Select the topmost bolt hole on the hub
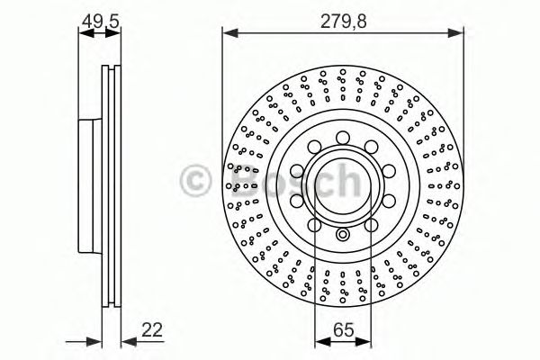pos(342,138)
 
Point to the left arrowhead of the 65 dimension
pos(318,344)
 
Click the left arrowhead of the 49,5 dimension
pos(84,34)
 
